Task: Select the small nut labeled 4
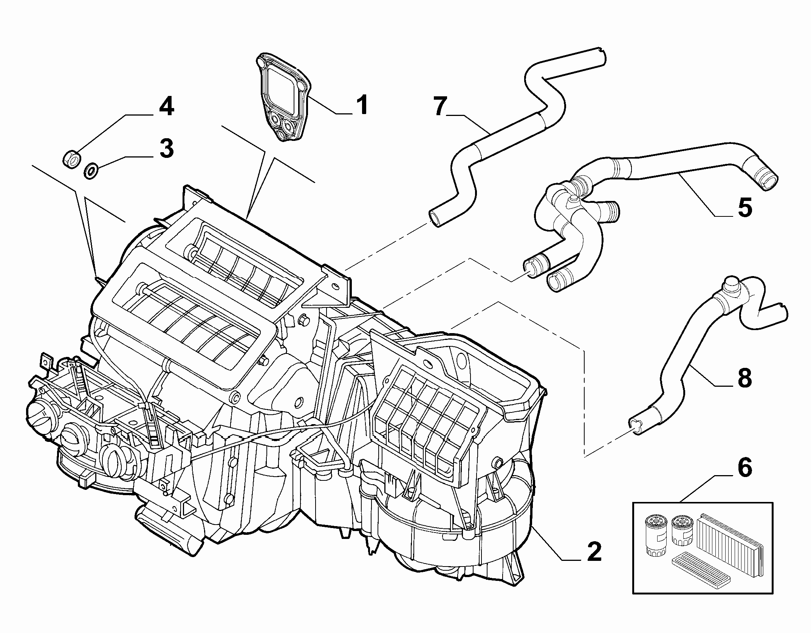71,158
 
